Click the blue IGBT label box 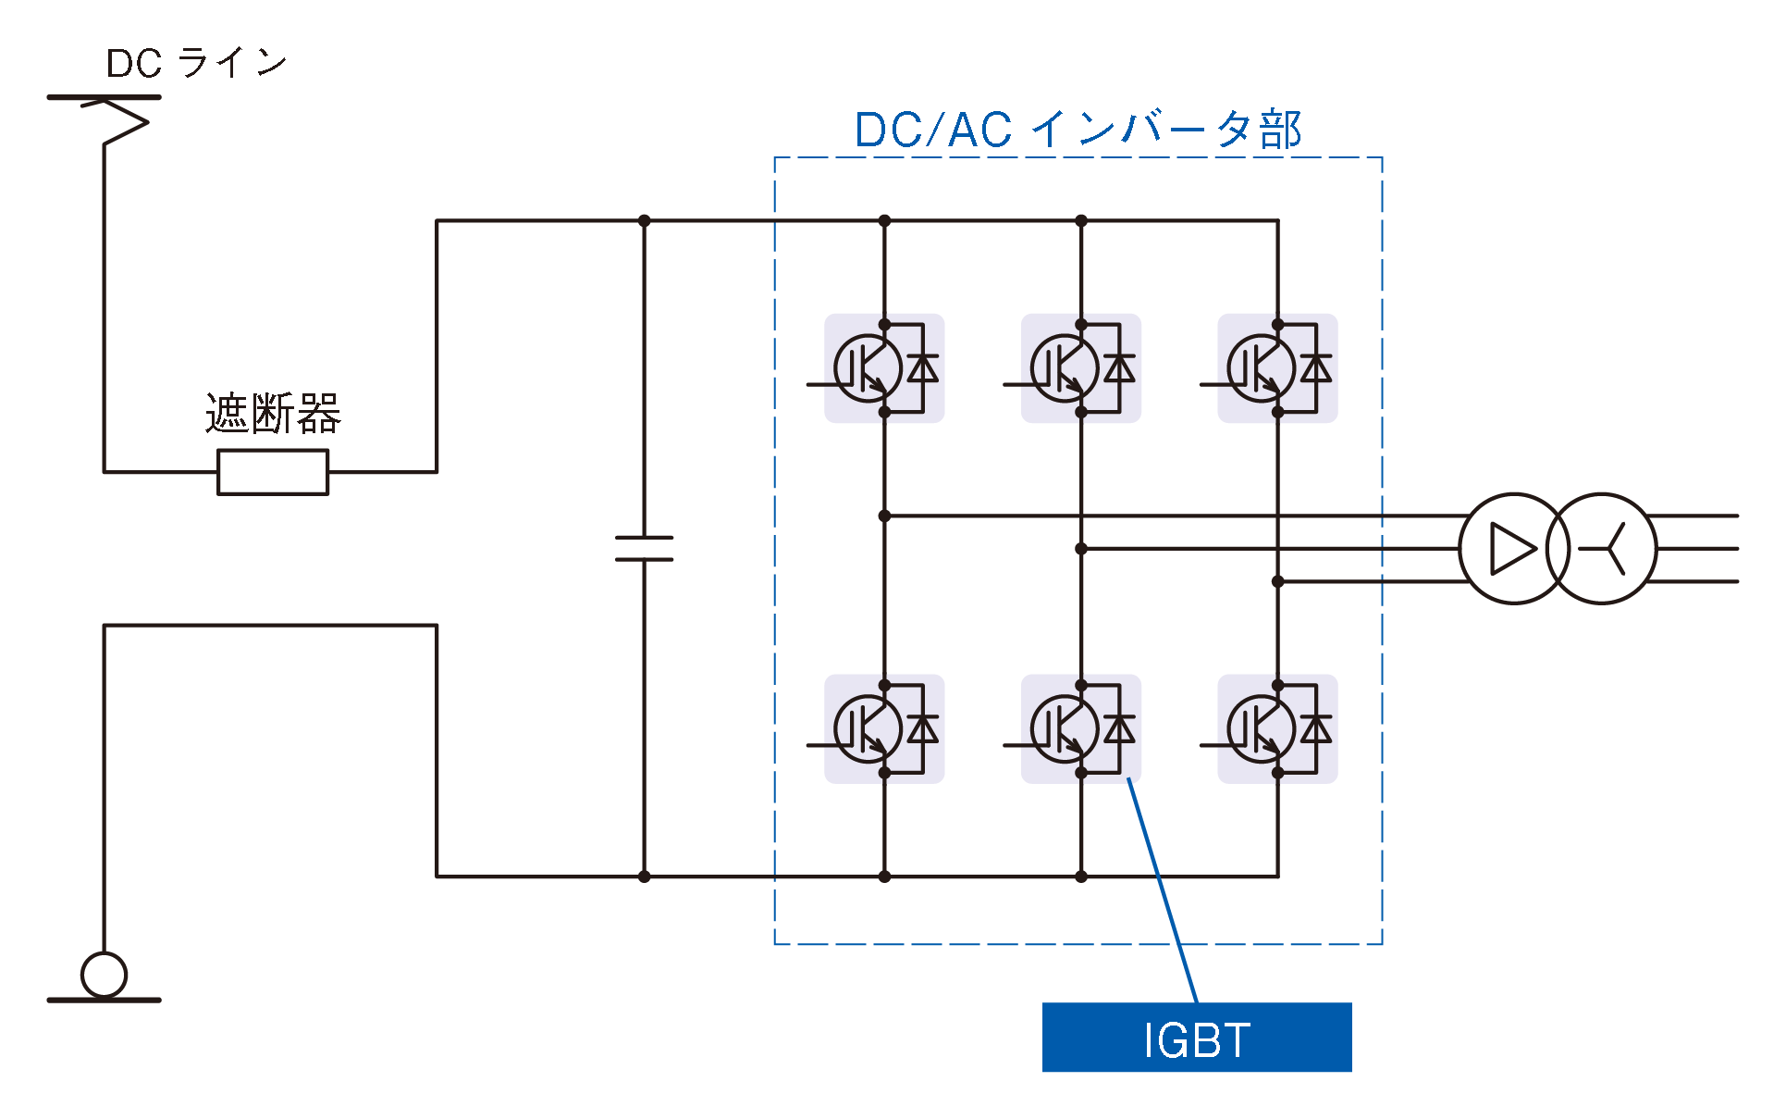pyautogui.click(x=1196, y=1038)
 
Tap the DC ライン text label pyautogui.click(x=197, y=63)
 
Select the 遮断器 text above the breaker pyautogui.click(x=273, y=413)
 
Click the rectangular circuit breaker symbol pyautogui.click(x=273, y=472)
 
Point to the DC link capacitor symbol pyautogui.click(x=644, y=548)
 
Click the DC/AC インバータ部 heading pyautogui.click(x=1078, y=130)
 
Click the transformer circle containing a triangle pyautogui.click(x=1513, y=549)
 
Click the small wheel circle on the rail pyautogui.click(x=104, y=975)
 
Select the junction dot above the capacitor pyautogui.click(x=644, y=221)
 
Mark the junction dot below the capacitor pyautogui.click(x=644, y=877)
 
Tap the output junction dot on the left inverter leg pyautogui.click(x=884, y=516)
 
